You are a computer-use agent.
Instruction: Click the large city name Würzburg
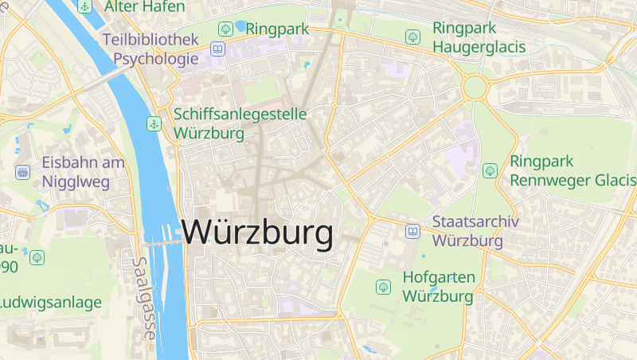(257, 233)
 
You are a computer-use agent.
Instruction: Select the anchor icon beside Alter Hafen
(85, 6)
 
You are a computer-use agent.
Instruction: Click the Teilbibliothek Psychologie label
(150, 49)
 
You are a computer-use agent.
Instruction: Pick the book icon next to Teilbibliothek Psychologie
(217, 49)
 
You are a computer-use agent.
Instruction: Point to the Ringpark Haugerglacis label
(479, 37)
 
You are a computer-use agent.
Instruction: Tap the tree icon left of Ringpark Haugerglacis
(412, 37)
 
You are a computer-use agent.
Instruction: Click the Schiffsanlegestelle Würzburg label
(240, 123)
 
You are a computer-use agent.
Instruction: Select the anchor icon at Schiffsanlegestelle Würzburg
(153, 123)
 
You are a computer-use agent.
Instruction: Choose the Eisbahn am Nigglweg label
(84, 172)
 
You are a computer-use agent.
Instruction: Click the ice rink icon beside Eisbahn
(22, 172)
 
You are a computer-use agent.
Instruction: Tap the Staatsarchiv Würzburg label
(475, 231)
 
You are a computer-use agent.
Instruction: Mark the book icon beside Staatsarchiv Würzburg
(412, 231)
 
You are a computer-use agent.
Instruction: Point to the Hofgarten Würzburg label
(439, 287)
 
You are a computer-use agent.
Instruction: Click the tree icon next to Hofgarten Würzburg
(383, 286)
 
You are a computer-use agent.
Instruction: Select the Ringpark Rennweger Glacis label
(573, 170)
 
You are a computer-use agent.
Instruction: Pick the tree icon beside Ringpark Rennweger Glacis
(490, 170)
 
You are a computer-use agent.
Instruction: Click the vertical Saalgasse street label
(143, 299)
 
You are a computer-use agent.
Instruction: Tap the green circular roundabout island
(475, 88)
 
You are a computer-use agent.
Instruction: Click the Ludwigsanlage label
(51, 303)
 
